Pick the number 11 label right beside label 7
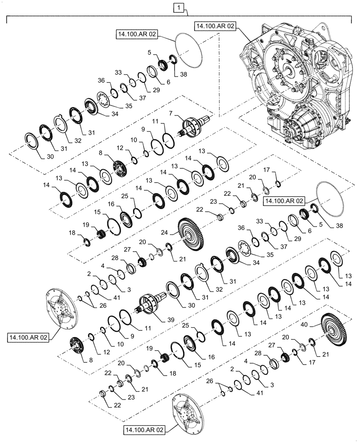(166, 121)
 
